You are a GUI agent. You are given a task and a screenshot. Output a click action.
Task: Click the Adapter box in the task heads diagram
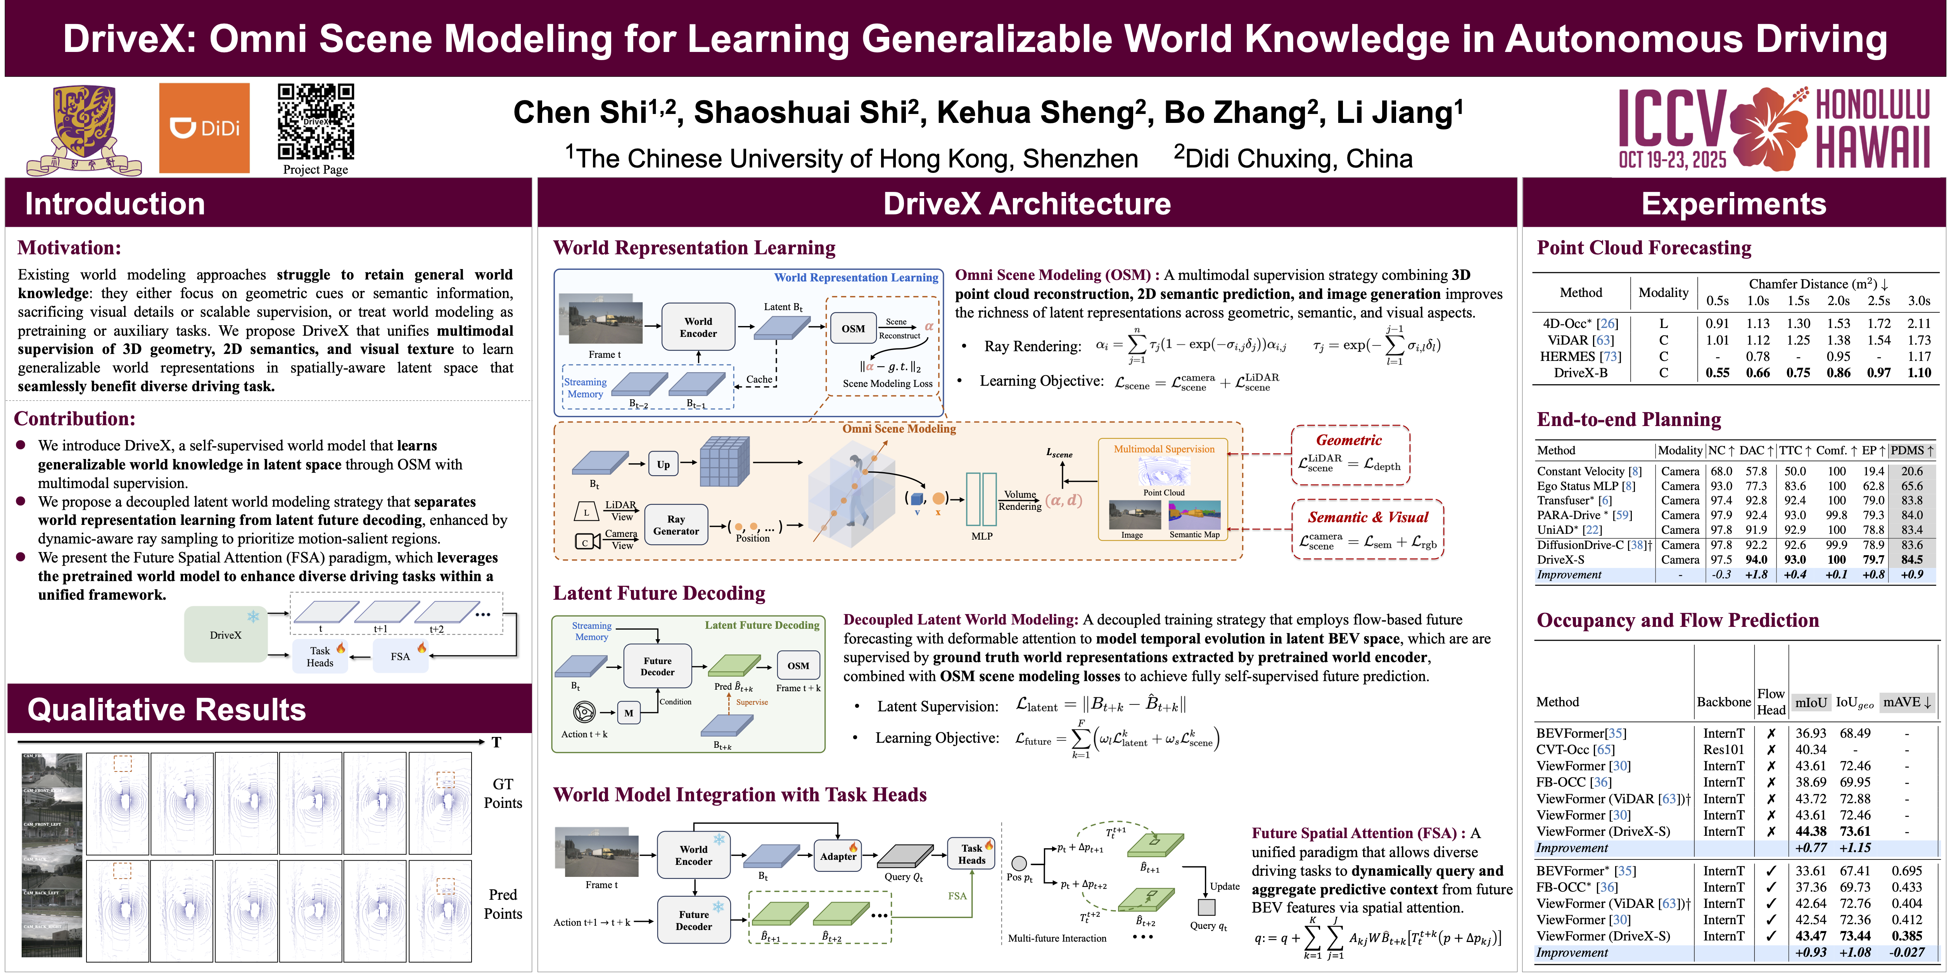click(838, 856)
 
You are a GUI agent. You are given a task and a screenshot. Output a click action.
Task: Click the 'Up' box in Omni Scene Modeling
click(664, 464)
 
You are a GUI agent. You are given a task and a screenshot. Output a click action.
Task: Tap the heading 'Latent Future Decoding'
click(659, 593)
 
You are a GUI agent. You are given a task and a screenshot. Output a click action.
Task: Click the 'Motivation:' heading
click(69, 248)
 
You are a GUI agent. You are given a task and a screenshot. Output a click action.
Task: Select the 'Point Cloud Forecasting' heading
click(1643, 248)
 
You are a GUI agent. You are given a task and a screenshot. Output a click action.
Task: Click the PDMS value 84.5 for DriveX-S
click(1911, 560)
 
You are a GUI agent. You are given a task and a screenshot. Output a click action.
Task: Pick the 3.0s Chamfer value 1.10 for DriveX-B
click(1919, 373)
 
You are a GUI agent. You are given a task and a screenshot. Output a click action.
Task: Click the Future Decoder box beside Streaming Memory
click(657, 666)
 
